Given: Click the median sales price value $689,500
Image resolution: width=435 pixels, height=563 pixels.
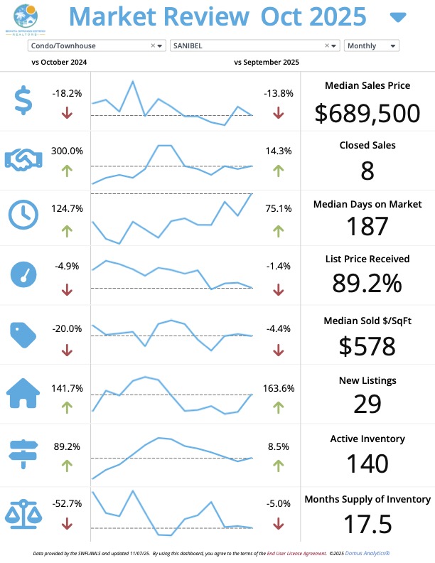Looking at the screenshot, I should pyautogui.click(x=367, y=112).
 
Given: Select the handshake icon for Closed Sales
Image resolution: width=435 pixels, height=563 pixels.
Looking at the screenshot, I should pyautogui.click(x=24, y=159).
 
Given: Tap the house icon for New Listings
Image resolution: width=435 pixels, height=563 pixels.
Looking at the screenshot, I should pyautogui.click(x=23, y=393).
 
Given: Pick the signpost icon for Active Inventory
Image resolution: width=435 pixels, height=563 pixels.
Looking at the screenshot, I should pyautogui.click(x=23, y=452).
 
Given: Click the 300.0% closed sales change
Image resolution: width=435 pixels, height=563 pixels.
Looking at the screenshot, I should pyautogui.click(x=67, y=151).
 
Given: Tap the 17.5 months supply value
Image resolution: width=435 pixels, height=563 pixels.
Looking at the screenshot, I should pyautogui.click(x=367, y=524).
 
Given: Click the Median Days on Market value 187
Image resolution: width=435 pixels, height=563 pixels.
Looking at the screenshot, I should pyautogui.click(x=367, y=226).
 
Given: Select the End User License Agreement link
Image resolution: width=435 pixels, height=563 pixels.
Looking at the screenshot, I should pyautogui.click(x=295, y=552).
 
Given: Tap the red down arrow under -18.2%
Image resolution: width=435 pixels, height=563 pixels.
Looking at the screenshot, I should pyautogui.click(x=68, y=112).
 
